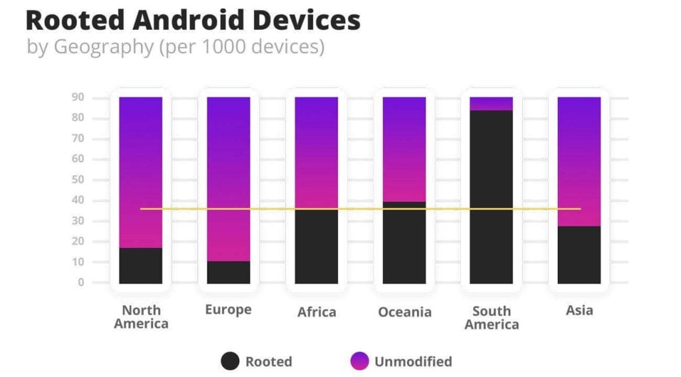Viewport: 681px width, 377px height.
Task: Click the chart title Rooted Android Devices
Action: tap(193, 21)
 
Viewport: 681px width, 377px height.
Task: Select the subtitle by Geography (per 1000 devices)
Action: tap(176, 48)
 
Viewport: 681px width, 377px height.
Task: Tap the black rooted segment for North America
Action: tap(140, 265)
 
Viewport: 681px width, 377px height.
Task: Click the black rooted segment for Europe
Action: tap(228, 272)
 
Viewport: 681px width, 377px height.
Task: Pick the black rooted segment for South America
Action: tap(491, 196)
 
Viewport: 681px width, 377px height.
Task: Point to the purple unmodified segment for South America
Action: tap(491, 103)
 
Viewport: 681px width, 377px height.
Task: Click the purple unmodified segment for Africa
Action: tap(316, 153)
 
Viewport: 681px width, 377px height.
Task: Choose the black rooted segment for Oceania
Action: tap(404, 243)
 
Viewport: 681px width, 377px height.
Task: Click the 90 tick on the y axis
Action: tap(78, 97)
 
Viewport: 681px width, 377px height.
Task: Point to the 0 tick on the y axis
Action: tap(80, 283)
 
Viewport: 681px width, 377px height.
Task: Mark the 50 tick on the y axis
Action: tap(78, 180)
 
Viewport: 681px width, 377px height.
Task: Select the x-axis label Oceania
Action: tap(404, 313)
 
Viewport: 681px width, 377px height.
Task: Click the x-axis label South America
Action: tap(491, 318)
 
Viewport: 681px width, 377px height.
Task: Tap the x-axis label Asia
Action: tap(579, 311)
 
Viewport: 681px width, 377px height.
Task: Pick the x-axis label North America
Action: tap(141, 317)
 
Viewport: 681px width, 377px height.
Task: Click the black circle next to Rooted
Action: tap(230, 362)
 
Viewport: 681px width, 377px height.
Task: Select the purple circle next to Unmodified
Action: tap(359, 362)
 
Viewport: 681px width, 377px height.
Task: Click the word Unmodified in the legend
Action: tap(413, 362)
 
